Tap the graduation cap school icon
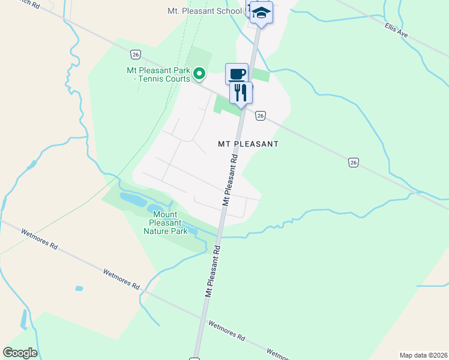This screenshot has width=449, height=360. point(261,13)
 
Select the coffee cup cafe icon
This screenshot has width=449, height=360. point(237,74)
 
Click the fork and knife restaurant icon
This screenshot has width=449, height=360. point(241,93)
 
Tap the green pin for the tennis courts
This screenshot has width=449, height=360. point(199,74)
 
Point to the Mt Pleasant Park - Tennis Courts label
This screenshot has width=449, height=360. point(158,74)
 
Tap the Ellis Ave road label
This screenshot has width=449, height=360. point(396,31)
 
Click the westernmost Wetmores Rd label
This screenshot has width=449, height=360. point(39,239)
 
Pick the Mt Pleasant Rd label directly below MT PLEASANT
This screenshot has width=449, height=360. point(231,180)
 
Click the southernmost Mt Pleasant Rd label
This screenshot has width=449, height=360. point(212,271)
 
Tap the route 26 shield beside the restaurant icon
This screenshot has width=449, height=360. point(260,115)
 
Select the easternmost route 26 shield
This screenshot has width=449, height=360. point(354,162)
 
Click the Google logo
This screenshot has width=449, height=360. point(20,353)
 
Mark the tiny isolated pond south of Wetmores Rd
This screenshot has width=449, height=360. point(79,289)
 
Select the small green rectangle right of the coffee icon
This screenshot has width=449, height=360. point(261,75)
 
